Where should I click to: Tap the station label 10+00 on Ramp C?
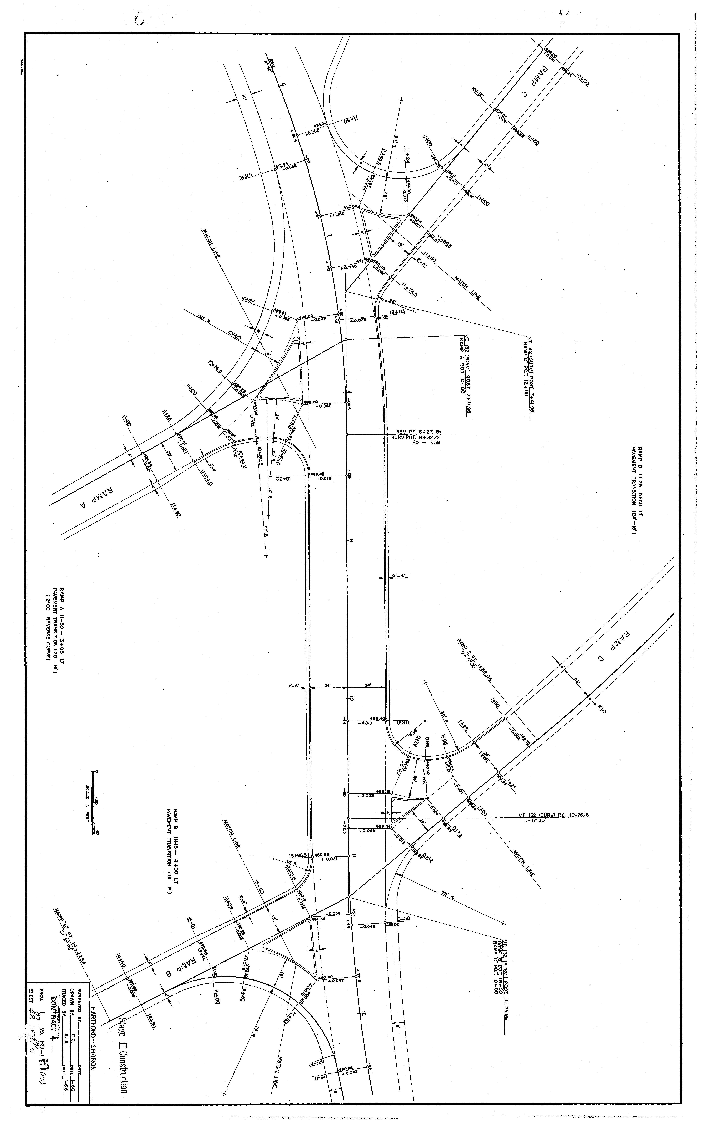click(x=582, y=79)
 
